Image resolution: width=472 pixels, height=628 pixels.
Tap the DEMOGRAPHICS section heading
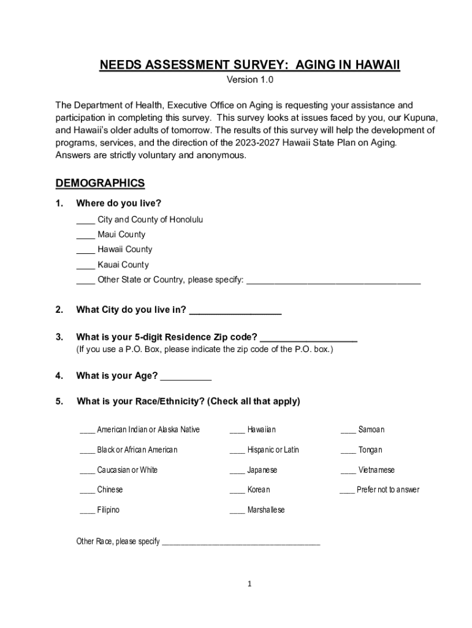[100, 183]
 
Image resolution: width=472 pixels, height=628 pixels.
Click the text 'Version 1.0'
[250, 80]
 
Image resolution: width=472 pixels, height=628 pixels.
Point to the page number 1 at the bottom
[250, 584]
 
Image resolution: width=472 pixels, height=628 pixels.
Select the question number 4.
[59, 376]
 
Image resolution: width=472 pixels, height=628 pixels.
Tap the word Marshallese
[266, 510]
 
